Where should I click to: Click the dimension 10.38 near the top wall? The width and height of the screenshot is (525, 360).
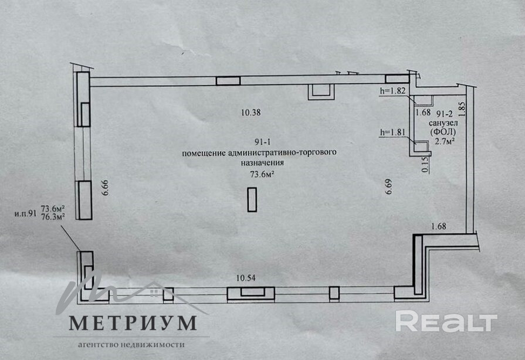(x=251, y=113)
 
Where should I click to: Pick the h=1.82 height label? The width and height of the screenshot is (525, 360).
(x=393, y=91)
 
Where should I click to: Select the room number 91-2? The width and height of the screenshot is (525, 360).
(x=444, y=113)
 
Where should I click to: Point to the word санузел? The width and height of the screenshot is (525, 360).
(x=443, y=123)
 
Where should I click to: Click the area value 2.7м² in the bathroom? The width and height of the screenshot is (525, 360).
(x=444, y=142)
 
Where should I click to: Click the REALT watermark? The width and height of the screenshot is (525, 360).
(x=446, y=321)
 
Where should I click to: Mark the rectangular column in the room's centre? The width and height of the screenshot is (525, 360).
(x=252, y=199)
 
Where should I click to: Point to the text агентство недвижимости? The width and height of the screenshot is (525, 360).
(x=131, y=345)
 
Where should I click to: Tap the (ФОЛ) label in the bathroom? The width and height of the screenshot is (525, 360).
(x=443, y=133)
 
